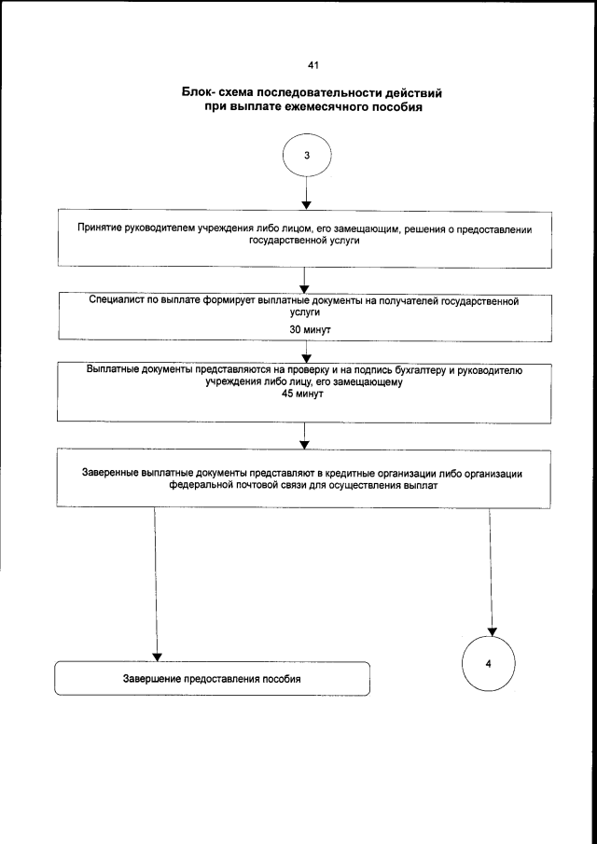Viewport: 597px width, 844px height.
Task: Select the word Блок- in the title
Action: coord(204,93)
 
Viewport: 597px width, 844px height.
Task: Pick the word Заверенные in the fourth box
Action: coord(114,474)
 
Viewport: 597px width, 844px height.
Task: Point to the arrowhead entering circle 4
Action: coord(493,631)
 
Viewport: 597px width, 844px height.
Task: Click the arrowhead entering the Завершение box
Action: coord(157,657)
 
